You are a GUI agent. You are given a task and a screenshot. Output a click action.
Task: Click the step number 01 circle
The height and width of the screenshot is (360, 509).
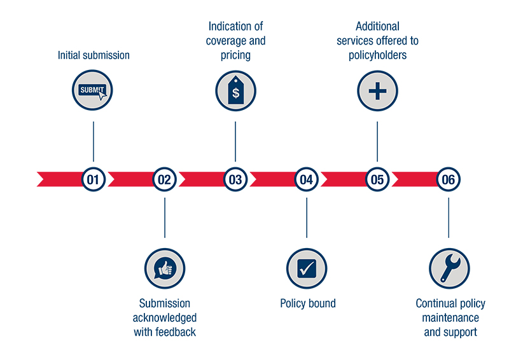94,179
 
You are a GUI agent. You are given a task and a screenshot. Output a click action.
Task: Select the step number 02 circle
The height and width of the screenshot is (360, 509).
165,179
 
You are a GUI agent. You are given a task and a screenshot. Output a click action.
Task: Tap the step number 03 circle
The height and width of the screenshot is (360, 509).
235,179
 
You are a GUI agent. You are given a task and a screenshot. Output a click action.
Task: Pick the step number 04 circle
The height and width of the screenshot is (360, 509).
307,179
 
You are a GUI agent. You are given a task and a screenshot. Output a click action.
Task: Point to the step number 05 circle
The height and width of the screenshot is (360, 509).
377,179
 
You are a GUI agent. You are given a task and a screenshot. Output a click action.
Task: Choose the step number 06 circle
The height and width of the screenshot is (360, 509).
449,179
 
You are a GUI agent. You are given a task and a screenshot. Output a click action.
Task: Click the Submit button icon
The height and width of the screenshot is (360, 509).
94,90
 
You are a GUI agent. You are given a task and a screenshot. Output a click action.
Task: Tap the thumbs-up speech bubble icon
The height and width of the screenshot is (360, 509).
165,268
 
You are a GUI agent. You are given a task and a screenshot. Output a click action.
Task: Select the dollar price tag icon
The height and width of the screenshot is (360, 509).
235,90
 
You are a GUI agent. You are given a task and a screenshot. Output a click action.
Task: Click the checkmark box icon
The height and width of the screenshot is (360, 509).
307,268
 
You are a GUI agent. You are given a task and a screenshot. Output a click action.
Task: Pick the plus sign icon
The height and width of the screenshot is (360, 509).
377,90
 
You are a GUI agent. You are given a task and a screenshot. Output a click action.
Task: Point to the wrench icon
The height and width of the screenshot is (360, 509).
449,268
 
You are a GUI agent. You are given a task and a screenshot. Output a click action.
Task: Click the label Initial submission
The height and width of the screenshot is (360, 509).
94,55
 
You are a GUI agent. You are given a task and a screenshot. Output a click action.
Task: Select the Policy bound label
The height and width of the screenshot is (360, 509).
307,303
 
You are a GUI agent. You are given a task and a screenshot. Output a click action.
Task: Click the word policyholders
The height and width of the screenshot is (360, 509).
377,55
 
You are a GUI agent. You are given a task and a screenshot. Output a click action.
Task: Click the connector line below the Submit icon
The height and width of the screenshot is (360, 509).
94,141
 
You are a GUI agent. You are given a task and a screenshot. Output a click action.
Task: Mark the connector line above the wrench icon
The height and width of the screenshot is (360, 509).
449,218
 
